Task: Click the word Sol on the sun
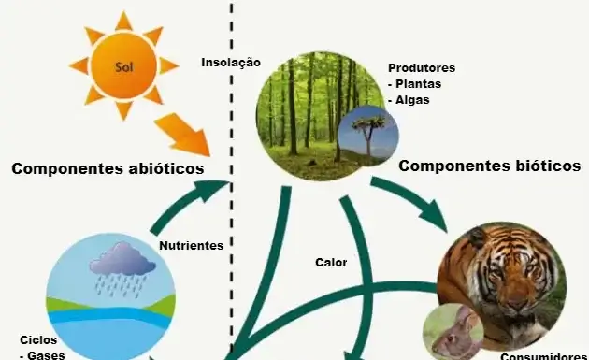(x=123, y=66)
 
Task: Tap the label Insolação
(x=230, y=63)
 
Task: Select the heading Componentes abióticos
(x=108, y=168)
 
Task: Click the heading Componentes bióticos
(x=490, y=166)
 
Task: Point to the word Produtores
(x=421, y=68)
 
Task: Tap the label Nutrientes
(x=191, y=246)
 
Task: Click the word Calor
(x=330, y=262)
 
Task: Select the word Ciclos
(x=38, y=339)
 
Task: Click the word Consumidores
(x=542, y=355)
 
